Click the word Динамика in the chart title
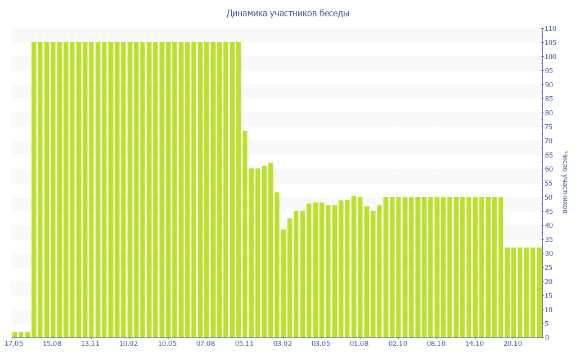point(244,13)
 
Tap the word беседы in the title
point(334,13)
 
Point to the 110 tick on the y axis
point(550,29)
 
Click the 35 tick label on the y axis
point(548,240)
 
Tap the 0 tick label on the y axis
point(546,338)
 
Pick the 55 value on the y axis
point(548,183)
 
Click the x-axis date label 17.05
point(14,344)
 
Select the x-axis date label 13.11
point(91,344)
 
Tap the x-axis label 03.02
point(282,344)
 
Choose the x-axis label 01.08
point(359,344)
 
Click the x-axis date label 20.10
point(512,344)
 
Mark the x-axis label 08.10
point(436,344)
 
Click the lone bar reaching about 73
point(245,234)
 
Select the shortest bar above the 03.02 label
point(283,283)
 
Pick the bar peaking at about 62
point(271,250)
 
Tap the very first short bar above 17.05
point(15,335)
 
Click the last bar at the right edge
point(539,292)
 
